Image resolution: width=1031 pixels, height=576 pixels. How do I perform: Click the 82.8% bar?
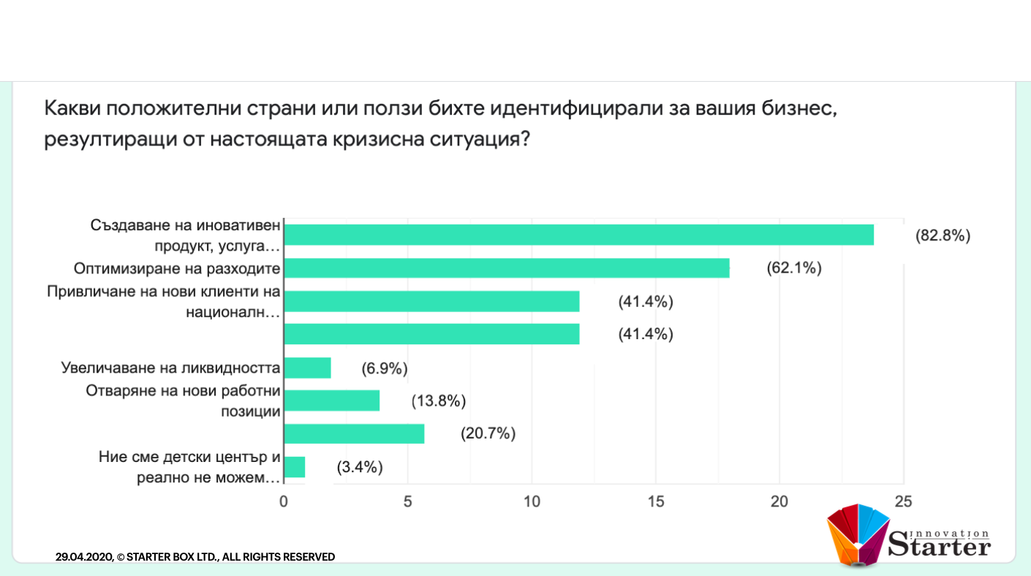[578, 235]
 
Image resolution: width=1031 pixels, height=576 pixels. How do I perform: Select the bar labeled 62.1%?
[506, 268]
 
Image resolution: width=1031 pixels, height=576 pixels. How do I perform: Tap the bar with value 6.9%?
[307, 368]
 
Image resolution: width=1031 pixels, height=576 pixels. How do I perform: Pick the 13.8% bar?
[331, 401]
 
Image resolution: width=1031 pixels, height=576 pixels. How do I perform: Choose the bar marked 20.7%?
[354, 433]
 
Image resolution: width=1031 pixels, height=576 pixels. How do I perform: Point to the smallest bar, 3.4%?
[294, 467]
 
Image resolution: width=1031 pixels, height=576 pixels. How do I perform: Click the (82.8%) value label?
[943, 235]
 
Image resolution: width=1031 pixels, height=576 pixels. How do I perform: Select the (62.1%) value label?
[794, 268]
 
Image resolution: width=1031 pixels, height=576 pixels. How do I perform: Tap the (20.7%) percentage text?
[488, 433]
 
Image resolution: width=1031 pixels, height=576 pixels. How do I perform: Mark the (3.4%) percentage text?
[360, 467]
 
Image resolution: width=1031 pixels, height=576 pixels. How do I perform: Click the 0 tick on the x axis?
[284, 501]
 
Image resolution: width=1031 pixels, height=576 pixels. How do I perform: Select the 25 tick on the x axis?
[903, 501]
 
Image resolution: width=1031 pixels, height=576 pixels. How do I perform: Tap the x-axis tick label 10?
[532, 501]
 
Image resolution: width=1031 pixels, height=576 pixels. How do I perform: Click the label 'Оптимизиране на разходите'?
[178, 268]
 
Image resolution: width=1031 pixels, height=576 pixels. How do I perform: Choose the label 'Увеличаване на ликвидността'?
[171, 368]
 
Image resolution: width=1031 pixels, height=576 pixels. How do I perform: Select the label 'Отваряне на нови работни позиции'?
[183, 401]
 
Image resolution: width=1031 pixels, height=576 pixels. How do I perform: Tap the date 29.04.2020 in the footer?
[84, 557]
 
